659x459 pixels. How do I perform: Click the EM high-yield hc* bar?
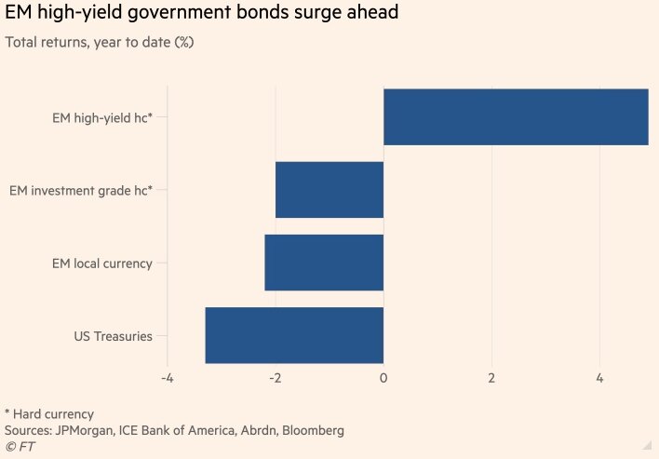(516, 117)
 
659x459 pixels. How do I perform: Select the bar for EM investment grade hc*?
(329, 190)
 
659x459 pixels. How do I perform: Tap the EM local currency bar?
(324, 263)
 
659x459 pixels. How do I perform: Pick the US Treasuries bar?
(294, 335)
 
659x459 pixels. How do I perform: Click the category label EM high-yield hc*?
(102, 118)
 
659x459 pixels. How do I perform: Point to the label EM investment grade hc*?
(81, 191)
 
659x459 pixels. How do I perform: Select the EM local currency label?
(101, 263)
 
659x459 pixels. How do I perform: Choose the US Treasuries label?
(113, 336)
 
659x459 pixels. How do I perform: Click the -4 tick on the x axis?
(168, 379)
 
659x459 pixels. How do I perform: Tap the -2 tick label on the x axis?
(276, 379)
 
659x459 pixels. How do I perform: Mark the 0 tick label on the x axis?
(383, 379)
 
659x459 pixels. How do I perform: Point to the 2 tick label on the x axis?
(491, 379)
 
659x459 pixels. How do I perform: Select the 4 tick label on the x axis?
(599, 379)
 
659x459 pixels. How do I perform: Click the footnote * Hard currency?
(49, 414)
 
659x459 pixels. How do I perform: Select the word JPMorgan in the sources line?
(89, 431)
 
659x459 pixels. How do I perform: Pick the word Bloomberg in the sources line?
(312, 431)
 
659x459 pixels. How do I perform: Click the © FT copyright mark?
(20, 448)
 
